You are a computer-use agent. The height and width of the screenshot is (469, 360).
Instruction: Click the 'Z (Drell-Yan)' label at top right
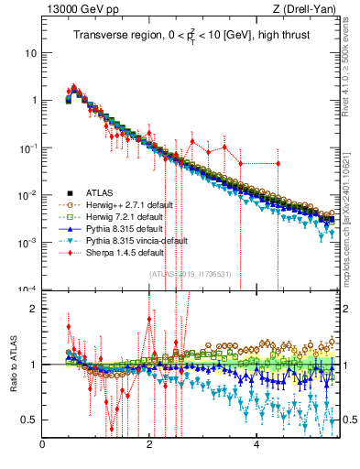310,10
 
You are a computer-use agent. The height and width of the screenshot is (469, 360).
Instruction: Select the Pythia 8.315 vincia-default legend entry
131,239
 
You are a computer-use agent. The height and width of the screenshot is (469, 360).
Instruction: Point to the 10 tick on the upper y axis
31,53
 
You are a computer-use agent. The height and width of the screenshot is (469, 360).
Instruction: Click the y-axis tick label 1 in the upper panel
34,101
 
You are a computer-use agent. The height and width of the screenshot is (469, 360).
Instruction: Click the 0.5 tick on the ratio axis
29,420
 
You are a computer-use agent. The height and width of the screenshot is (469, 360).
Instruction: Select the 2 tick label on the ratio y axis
34,309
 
